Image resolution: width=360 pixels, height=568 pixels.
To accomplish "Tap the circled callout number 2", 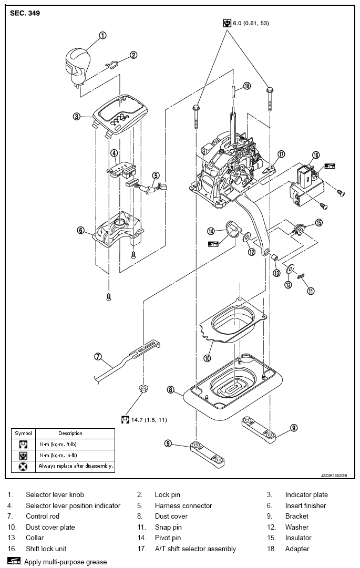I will point(133,55).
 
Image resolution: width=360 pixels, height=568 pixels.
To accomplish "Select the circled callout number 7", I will point(98,356).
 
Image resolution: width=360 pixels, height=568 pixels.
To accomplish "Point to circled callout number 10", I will point(207,358).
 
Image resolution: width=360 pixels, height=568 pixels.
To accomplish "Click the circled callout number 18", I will point(247,86).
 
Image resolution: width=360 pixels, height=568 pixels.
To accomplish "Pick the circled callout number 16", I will point(316,155).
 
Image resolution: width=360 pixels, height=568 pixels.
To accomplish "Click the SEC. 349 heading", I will point(25,13).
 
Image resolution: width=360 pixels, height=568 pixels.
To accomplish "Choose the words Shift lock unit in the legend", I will point(46,549).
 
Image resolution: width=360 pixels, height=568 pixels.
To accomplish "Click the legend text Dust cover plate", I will point(50,527).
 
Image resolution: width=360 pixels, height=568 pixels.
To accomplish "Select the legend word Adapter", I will point(297,549).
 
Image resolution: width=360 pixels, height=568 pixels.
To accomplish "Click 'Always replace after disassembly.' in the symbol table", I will point(76,466).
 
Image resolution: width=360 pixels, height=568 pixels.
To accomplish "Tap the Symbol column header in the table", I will point(23,433).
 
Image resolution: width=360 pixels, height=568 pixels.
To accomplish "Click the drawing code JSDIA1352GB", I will point(334,475).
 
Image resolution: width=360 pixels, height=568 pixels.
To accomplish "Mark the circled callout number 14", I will point(211,231).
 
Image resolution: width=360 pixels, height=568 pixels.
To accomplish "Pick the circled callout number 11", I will point(311,291).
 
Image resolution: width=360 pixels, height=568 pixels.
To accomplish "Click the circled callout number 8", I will point(170,390).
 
